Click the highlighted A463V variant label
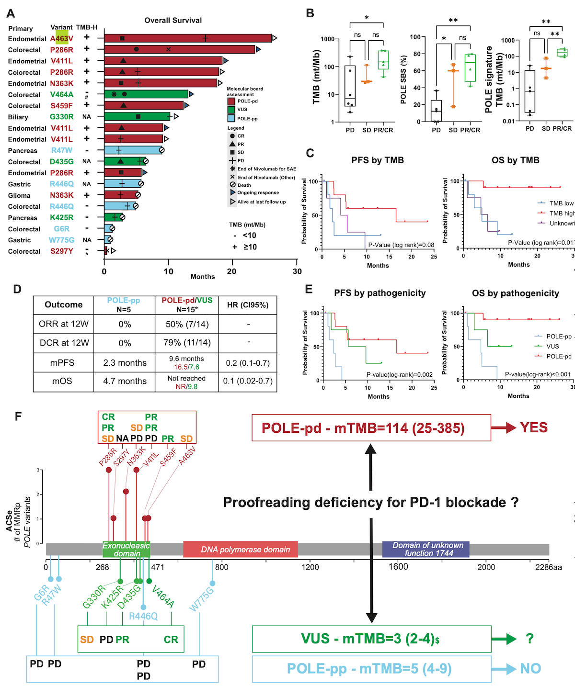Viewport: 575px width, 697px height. (x=62, y=38)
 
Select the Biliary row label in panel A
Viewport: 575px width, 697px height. (x=18, y=117)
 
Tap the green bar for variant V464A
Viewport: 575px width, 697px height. (x=146, y=94)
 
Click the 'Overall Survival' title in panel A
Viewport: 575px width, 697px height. (x=173, y=20)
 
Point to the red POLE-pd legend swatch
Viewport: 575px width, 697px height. (x=231, y=101)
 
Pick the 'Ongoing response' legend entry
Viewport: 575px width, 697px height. (x=258, y=192)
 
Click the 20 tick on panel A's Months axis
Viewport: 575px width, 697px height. (x=232, y=271)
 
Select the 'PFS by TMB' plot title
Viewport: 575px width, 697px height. (x=378, y=160)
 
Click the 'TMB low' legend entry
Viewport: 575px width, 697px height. (x=561, y=203)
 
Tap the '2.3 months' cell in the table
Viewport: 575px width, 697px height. (x=125, y=363)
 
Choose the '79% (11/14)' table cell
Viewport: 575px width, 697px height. (x=186, y=343)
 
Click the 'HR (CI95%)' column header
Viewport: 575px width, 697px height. (x=248, y=305)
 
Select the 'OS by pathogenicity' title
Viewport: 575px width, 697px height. (x=515, y=293)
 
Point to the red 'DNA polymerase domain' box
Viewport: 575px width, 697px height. (x=241, y=550)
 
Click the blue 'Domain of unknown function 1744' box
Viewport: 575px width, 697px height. (x=425, y=549)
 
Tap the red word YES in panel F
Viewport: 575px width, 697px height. (x=533, y=427)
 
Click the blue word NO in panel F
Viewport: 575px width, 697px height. (x=530, y=669)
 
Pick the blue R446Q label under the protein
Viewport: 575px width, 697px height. (x=143, y=616)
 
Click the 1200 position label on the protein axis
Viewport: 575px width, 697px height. (x=310, y=567)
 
